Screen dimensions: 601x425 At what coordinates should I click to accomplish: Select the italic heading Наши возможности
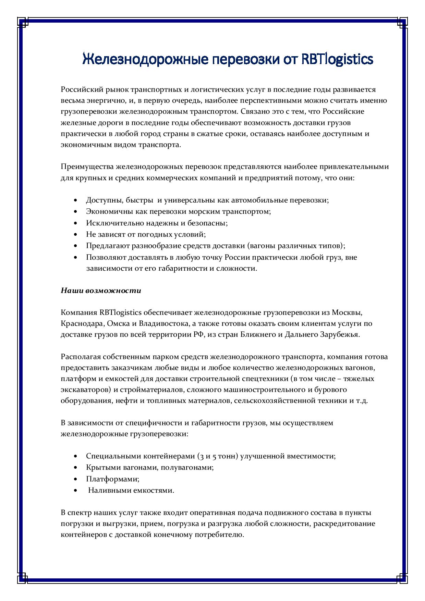click(101, 291)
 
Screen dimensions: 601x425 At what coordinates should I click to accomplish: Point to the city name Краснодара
click(83, 323)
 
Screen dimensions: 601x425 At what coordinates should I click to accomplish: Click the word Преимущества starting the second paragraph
click(87, 167)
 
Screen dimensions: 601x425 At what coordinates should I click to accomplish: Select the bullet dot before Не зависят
click(76, 235)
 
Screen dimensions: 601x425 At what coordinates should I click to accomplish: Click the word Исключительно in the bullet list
click(109, 223)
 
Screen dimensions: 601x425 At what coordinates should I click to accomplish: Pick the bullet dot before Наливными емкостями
click(76, 491)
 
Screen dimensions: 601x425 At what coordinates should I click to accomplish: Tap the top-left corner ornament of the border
click(23, 23)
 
